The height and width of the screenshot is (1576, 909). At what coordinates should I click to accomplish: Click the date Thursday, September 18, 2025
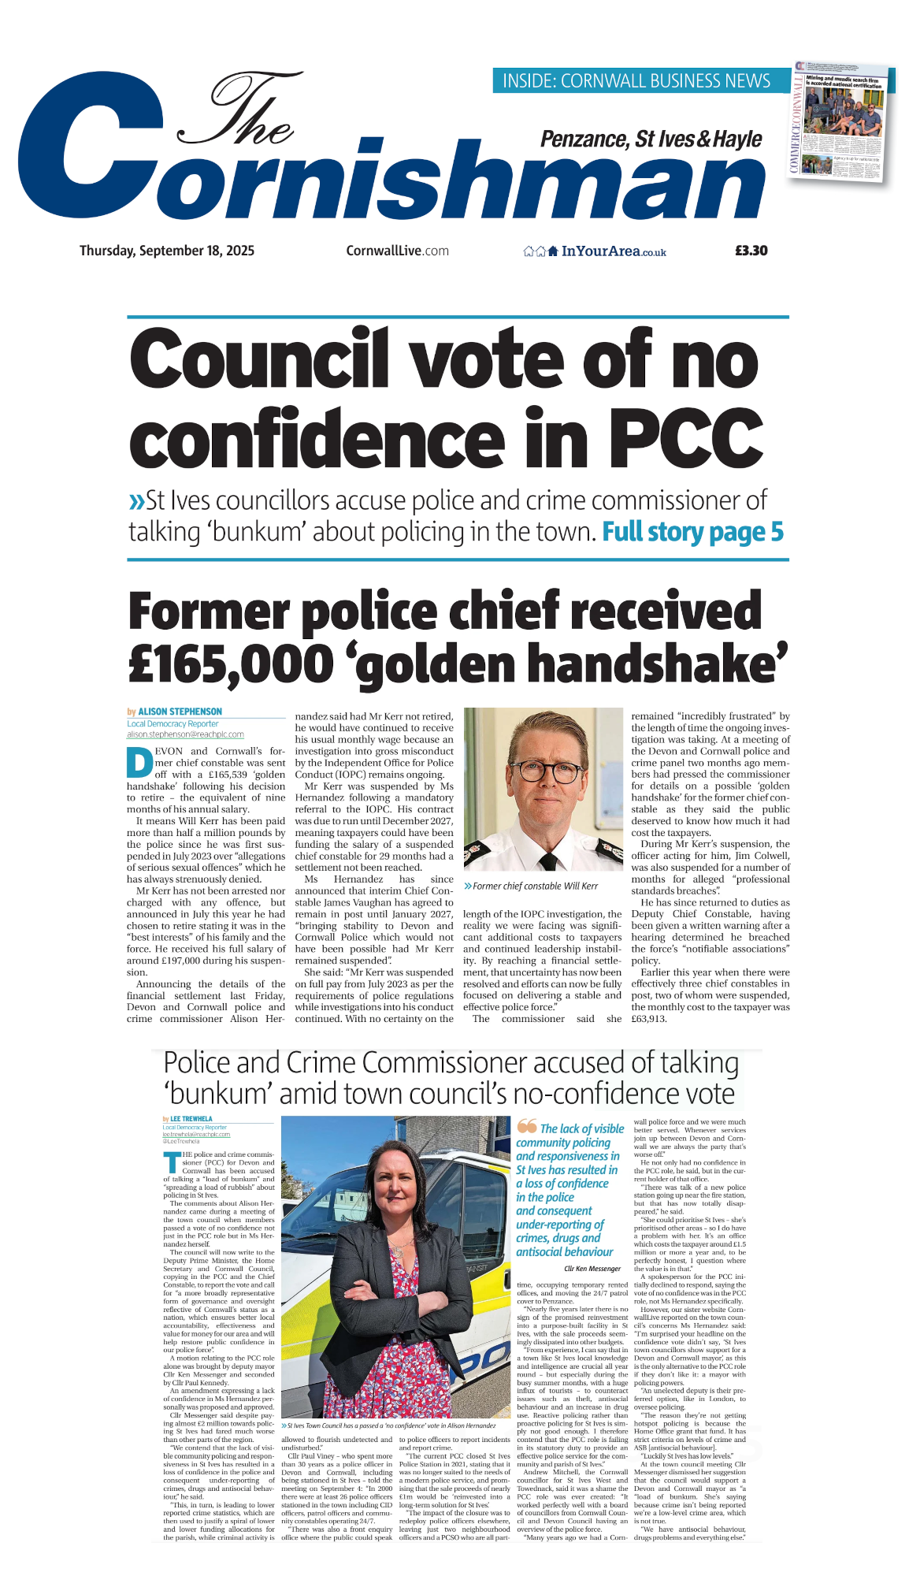[167, 251]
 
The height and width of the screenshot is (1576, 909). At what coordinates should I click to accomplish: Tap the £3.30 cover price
[751, 251]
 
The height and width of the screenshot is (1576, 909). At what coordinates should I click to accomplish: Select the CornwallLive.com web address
[397, 251]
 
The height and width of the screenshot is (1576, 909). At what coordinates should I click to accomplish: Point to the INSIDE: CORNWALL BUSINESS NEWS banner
[636, 80]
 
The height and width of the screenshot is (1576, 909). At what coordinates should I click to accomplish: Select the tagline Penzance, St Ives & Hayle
[651, 139]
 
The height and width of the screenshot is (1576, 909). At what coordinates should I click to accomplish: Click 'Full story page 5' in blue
[692, 532]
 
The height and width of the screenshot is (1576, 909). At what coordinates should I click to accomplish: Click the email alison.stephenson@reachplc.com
[185, 734]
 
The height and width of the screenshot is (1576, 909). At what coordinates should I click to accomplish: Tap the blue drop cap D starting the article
[139, 762]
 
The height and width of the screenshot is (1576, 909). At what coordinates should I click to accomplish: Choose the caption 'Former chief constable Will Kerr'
[534, 886]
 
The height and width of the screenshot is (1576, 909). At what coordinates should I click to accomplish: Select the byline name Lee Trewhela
[191, 1119]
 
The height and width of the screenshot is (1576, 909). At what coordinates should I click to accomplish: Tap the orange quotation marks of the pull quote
[527, 1127]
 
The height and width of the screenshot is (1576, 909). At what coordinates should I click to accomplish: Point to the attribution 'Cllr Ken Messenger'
[592, 1269]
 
